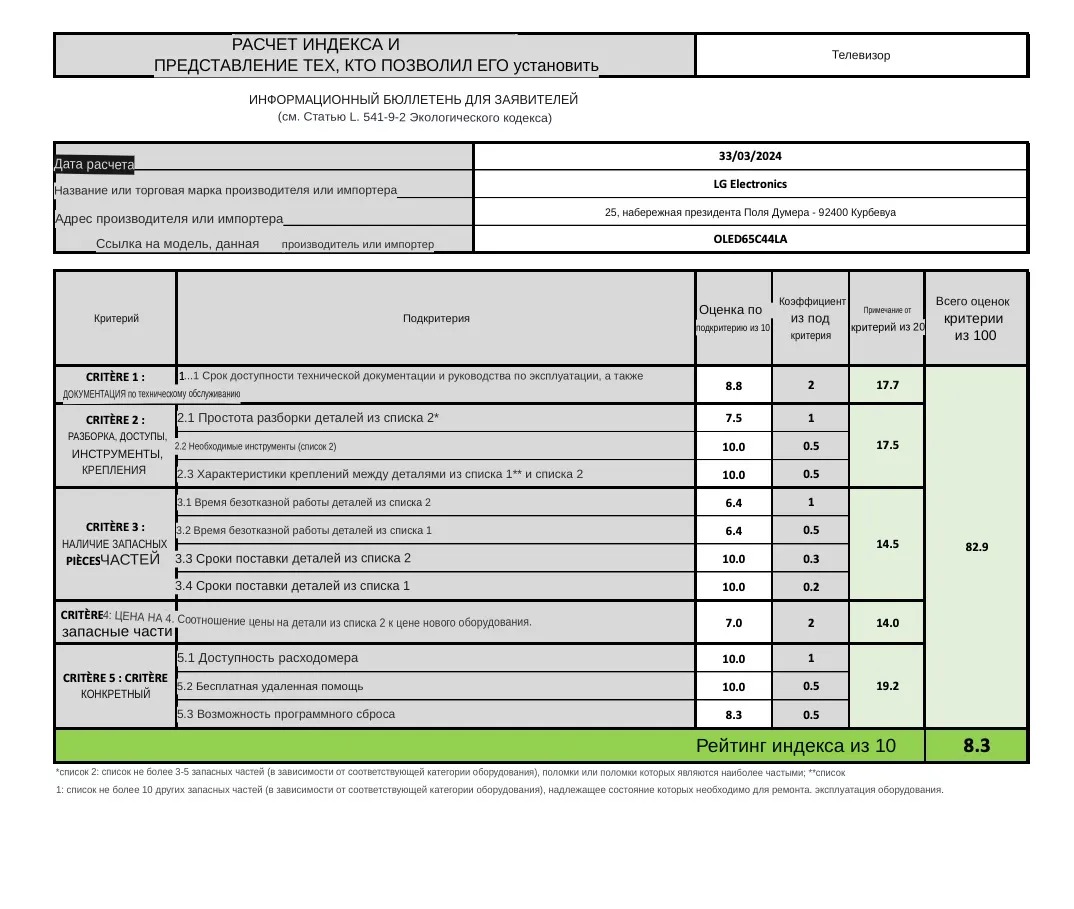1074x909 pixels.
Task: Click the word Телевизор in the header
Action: (x=860, y=55)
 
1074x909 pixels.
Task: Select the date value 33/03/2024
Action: (x=750, y=156)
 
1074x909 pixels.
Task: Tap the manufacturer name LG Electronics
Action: (x=750, y=184)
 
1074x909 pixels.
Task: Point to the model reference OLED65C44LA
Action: (x=750, y=239)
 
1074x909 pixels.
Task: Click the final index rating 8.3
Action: (x=976, y=745)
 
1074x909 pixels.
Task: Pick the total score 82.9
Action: (x=976, y=546)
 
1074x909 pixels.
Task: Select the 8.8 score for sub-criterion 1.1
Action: (x=733, y=385)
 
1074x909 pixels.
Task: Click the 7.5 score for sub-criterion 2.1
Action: (x=733, y=418)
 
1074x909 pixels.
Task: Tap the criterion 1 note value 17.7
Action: (x=886, y=385)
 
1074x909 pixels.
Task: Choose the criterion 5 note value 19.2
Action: (x=886, y=686)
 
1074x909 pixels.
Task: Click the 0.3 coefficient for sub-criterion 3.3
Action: (x=810, y=559)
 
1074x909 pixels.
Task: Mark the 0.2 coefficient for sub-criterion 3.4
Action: (x=810, y=587)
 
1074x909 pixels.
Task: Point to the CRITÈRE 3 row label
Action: (x=115, y=527)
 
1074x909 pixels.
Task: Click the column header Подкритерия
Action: (x=436, y=318)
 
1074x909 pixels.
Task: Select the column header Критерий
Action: (x=116, y=318)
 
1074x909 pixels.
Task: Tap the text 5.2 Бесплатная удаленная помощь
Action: (x=270, y=686)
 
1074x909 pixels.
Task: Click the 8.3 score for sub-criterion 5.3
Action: (x=733, y=715)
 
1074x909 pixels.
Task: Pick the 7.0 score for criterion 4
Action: (x=733, y=623)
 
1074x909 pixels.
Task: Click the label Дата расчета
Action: (x=94, y=164)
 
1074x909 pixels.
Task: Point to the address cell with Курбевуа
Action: (x=750, y=212)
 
